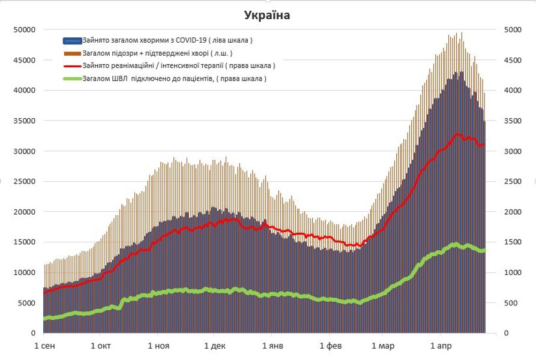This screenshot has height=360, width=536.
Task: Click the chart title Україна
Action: pyautogui.click(x=268, y=16)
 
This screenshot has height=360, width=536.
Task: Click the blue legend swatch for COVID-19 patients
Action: pyautogui.click(x=71, y=41)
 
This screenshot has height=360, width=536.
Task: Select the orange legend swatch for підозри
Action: pyautogui.click(x=71, y=54)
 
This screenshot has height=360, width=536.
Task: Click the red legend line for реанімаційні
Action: pyautogui.click(x=71, y=66)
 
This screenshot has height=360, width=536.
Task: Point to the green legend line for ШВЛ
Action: pyautogui.click(x=71, y=79)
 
